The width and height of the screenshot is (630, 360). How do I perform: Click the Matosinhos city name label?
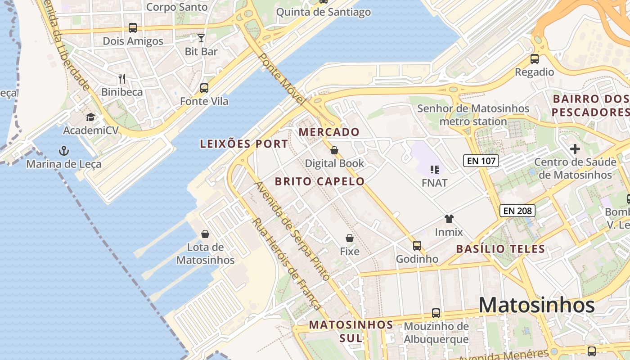536,306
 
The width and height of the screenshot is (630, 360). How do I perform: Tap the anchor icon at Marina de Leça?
64,150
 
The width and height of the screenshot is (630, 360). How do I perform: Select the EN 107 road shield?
481,160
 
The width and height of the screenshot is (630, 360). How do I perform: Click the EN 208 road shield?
517,210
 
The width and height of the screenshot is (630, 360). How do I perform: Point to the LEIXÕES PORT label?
243,144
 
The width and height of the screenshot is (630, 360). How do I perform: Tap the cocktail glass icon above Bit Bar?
201,38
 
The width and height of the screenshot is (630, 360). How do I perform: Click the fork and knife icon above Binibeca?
121,79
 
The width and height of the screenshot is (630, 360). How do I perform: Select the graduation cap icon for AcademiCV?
91,117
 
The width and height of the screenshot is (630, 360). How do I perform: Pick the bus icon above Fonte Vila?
204,88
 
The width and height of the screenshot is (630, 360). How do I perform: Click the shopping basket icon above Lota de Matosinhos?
205,234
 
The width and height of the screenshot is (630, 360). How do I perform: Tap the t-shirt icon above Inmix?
449,219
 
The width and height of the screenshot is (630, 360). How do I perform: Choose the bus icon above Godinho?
417,245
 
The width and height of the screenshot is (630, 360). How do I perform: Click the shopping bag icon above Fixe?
350,238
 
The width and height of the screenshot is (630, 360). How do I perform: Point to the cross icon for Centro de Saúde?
575,148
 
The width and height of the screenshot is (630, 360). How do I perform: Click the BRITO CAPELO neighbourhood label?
319,181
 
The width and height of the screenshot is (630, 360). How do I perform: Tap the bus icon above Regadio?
535,58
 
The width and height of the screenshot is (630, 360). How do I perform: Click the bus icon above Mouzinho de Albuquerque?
436,313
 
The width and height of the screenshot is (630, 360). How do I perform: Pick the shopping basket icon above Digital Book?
334,150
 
